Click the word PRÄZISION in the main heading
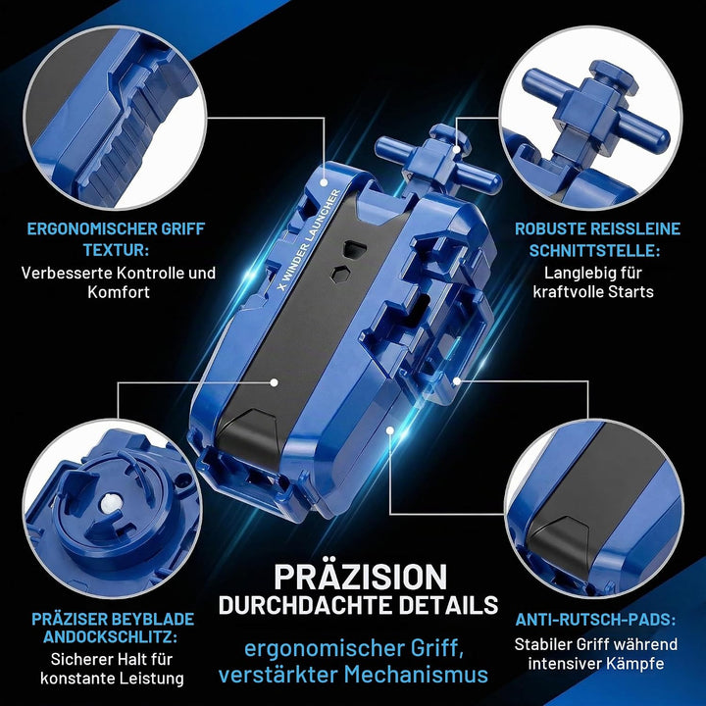pyautogui.click(x=360, y=577)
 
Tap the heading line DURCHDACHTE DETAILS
pyautogui.click(x=359, y=605)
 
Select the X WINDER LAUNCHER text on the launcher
pyautogui.click(x=309, y=239)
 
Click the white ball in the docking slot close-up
pyautogui.click(x=109, y=504)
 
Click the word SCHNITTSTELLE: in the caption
pyautogui.click(x=594, y=250)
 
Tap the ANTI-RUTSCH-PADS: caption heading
pyautogui.click(x=596, y=620)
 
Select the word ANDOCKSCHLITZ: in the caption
pyautogui.click(x=110, y=637)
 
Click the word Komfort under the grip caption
pyautogui.click(x=119, y=292)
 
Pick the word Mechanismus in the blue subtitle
pyautogui.click(x=416, y=675)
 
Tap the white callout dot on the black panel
pyautogui.click(x=274, y=382)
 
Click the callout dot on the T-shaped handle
pyautogui.click(x=457, y=150)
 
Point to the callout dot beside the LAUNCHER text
pyautogui.click(x=324, y=182)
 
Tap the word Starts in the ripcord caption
pyautogui.click(x=630, y=292)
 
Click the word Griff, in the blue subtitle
pyautogui.click(x=436, y=648)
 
